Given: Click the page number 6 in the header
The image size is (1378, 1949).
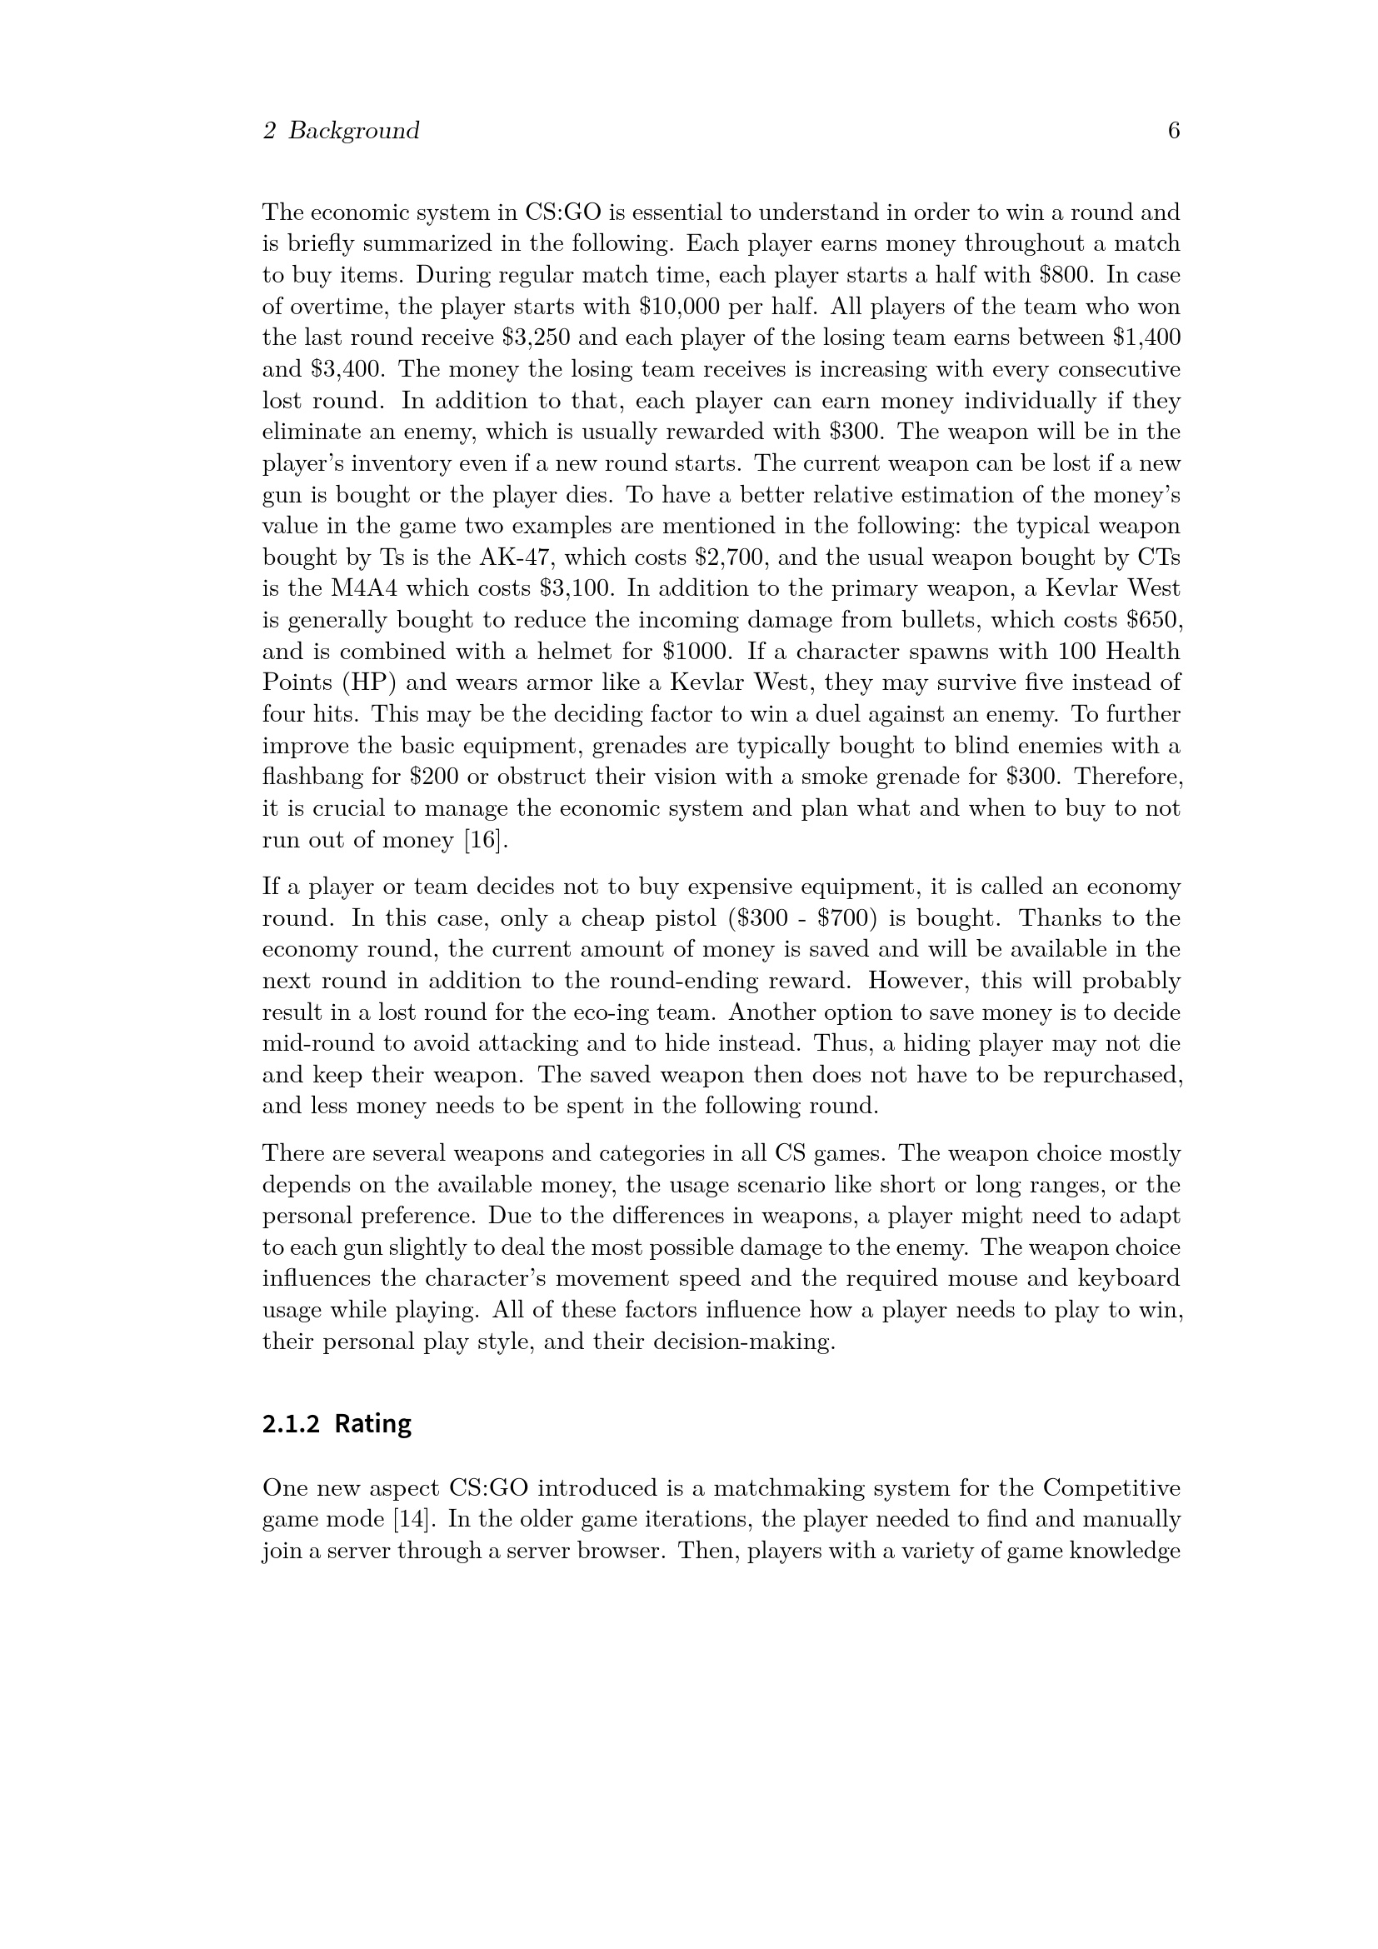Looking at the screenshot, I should coord(1174,131).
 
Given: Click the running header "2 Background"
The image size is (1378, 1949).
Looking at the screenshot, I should coord(340,131).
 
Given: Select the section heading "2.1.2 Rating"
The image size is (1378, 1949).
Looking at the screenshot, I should coord(336,1423).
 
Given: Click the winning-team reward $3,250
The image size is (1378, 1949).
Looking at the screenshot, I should coord(536,337).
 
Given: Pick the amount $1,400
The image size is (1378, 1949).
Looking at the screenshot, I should coord(1146,337).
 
